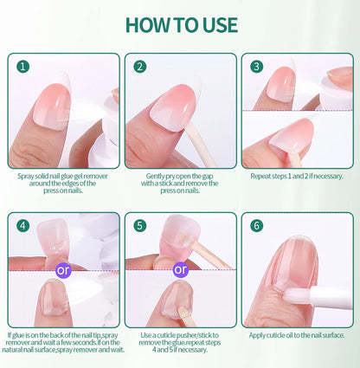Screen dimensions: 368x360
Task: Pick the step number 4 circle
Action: pos(23,225)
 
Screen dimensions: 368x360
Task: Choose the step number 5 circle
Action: pos(140,225)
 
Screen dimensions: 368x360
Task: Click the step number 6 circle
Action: pos(256,225)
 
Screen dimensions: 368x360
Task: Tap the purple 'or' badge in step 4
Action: pos(63,268)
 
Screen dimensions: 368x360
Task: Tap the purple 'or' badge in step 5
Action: pos(180,268)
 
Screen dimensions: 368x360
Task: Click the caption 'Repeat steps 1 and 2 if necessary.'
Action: pos(296,176)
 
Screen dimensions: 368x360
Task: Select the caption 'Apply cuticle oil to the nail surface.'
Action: pos(296,335)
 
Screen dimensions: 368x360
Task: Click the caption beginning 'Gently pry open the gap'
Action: pos(180,183)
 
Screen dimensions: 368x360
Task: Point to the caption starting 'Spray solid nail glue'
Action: pos(63,183)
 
